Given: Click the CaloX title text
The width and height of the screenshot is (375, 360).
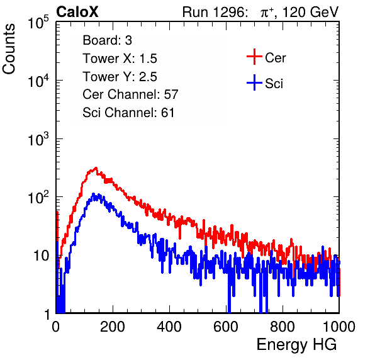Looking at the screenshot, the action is click(x=77, y=12).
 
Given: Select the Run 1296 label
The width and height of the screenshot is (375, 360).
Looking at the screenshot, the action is click(x=215, y=12).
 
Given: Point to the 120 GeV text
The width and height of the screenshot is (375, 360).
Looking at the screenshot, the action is click(x=311, y=12).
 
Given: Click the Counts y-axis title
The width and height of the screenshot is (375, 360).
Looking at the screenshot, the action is click(x=9, y=49).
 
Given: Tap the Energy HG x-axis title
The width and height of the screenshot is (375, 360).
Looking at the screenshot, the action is click(x=296, y=344).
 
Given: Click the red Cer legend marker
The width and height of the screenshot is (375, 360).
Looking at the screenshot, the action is click(x=254, y=57).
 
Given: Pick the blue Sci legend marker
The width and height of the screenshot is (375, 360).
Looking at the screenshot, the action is click(x=254, y=82).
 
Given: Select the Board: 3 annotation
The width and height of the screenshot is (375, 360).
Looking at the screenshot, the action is click(x=107, y=40).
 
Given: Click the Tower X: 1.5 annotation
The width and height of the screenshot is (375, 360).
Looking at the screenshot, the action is click(x=120, y=59).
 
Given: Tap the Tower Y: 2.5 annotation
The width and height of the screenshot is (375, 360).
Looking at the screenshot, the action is click(x=120, y=77).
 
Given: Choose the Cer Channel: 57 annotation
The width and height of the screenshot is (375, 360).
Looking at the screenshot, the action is click(x=130, y=94).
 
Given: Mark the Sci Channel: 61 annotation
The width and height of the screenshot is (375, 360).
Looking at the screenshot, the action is click(x=128, y=113).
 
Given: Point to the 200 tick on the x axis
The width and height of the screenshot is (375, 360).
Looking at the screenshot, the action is click(x=113, y=327).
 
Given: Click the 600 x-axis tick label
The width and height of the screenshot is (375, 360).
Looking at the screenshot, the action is click(x=226, y=327).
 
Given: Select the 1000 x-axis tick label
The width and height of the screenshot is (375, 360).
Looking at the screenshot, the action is click(x=339, y=327).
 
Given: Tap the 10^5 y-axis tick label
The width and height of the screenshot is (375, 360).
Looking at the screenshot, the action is click(x=38, y=22).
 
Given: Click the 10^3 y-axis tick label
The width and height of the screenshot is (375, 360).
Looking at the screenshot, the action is click(x=38, y=139).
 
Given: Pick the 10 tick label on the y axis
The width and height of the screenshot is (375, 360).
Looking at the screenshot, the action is click(x=42, y=256).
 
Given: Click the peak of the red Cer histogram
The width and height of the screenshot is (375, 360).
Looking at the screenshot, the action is click(x=96, y=167).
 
